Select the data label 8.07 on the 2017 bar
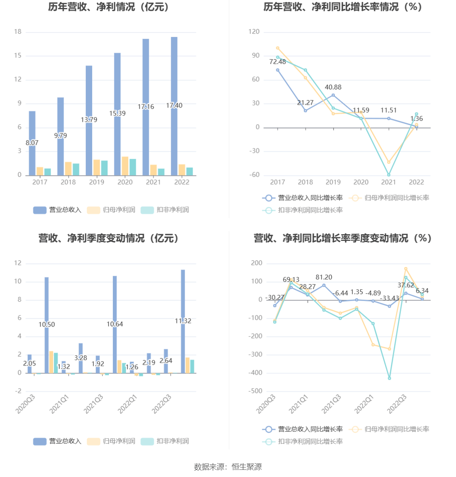point(32,143)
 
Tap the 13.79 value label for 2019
point(89,119)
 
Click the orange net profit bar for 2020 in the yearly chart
point(125,166)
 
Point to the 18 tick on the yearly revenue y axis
point(18,32)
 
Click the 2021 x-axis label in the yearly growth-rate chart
point(388,182)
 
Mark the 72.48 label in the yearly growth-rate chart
point(278,62)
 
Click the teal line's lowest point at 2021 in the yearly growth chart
point(389,175)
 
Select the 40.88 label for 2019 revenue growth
point(333,87)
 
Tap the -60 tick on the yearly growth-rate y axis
point(255,175)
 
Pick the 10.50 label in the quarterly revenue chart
point(46,325)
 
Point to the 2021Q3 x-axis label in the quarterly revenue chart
point(93,404)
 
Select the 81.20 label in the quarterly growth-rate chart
point(324,277)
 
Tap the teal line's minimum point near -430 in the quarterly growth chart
point(389,378)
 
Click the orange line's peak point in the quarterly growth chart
point(406,269)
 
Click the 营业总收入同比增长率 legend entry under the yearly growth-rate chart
point(303,198)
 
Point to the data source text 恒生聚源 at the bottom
point(247,467)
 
